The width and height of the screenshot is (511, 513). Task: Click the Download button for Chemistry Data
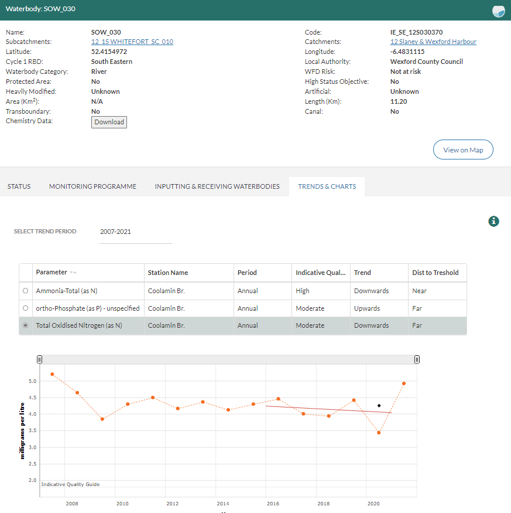[x=109, y=122]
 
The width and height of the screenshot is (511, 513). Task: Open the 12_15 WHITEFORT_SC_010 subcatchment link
[x=132, y=42]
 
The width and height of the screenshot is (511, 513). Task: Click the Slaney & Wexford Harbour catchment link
[x=433, y=42]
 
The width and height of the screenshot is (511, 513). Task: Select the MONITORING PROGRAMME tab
[x=92, y=186]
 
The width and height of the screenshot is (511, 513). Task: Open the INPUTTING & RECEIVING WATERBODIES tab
[x=217, y=186]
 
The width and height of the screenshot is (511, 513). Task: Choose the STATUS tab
[x=19, y=186]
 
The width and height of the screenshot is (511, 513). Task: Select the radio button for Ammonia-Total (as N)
[x=25, y=291]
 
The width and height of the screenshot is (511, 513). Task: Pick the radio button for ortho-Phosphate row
[x=25, y=308]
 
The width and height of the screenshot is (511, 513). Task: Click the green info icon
[x=494, y=221]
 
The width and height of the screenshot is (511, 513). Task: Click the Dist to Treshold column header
[x=435, y=273]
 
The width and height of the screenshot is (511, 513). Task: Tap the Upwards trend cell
[x=366, y=308]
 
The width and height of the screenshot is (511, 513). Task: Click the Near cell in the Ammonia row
[x=419, y=291]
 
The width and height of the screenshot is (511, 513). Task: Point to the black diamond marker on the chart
[x=379, y=406]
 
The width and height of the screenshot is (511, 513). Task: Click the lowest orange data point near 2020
[x=379, y=433]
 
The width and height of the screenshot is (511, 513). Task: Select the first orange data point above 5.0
[x=52, y=374]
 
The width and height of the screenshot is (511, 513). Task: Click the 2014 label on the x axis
[x=222, y=504]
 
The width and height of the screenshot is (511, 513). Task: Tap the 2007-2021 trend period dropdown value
[x=116, y=232]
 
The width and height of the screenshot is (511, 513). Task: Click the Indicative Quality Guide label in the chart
[x=70, y=484]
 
